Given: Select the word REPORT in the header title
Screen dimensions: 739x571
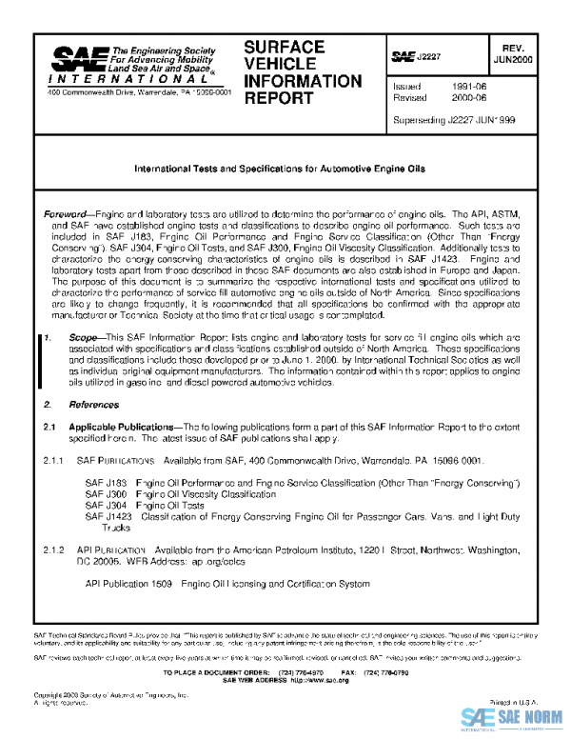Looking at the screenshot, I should pyautogui.click(x=272, y=98).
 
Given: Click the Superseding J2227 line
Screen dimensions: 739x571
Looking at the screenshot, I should pyautogui.click(x=454, y=121).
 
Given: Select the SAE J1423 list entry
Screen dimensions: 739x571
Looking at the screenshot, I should pyautogui.click(x=108, y=516).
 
